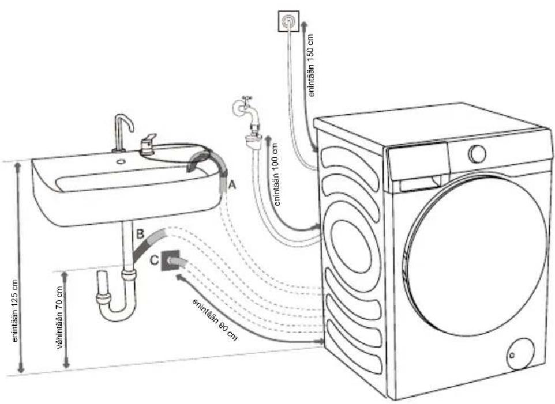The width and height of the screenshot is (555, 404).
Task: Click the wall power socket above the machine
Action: [x=289, y=21]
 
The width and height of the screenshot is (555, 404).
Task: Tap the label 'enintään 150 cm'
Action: [x=310, y=65]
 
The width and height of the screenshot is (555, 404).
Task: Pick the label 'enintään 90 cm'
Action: [x=215, y=319]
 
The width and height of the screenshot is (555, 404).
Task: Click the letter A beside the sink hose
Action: [x=232, y=184]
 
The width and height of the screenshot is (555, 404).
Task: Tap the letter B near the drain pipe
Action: [x=140, y=233]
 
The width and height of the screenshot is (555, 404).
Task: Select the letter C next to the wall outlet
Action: [x=154, y=260]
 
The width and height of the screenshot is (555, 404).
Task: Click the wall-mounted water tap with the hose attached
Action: [x=247, y=116]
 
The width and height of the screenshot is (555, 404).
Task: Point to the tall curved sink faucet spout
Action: [x=122, y=133]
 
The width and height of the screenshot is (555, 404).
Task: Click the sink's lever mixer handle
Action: [x=148, y=144]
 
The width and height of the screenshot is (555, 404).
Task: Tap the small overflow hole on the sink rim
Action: [x=121, y=162]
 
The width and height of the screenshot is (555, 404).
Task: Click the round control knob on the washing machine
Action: [x=477, y=153]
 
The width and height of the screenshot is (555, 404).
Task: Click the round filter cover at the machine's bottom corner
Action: [x=520, y=354]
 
